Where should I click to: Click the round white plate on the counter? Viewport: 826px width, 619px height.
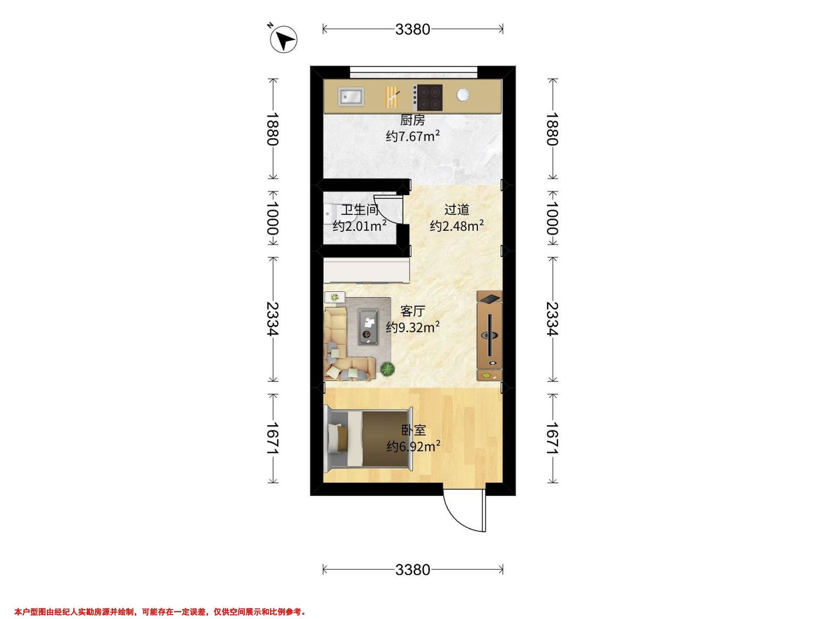463,95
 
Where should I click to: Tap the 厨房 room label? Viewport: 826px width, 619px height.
412,120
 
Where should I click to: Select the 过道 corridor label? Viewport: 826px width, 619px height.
456,210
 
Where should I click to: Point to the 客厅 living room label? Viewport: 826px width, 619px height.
413,311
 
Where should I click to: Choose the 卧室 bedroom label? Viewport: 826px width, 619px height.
413,430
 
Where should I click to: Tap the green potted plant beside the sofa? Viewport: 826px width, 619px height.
388,369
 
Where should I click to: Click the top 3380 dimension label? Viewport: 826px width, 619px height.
413,29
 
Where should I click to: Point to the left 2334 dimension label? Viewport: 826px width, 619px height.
273,319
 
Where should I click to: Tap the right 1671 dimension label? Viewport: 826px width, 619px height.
553,438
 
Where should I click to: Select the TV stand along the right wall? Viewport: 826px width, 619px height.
489,336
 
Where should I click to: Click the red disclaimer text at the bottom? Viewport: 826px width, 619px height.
160,601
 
